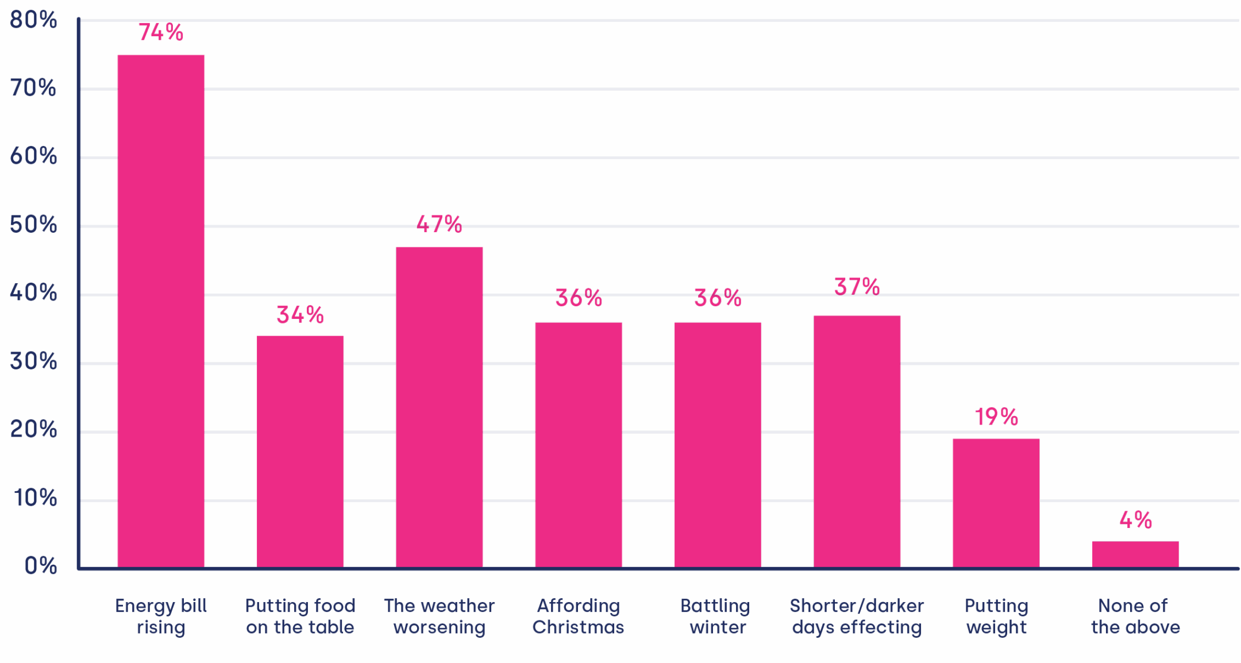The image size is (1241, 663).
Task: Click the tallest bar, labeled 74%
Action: pos(161,310)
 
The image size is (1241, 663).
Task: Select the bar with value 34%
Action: pos(300,451)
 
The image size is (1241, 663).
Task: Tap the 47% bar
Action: pos(440,407)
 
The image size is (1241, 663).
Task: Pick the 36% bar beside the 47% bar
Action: pos(579,444)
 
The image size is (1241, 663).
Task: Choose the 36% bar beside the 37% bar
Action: pos(718,444)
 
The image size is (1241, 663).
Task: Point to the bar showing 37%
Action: pos(857,441)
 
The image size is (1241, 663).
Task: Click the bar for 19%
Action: pos(996,502)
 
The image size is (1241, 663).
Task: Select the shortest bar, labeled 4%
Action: pos(1135,554)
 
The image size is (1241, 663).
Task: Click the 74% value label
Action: pos(161,32)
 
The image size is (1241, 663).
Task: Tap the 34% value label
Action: pos(300,315)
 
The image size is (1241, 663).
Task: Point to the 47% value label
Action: pos(440,224)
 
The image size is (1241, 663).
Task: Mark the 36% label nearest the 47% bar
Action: pos(579,298)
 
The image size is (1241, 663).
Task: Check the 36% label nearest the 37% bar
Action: pos(718,298)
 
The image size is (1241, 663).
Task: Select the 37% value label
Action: pos(857,286)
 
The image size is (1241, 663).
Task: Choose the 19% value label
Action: pos(996,417)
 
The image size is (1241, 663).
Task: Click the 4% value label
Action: pos(1136,520)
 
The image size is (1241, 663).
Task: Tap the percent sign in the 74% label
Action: pos(175,32)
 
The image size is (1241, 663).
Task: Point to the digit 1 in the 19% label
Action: pos(978,417)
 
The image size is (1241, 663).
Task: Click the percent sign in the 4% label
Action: pos(1143,520)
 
